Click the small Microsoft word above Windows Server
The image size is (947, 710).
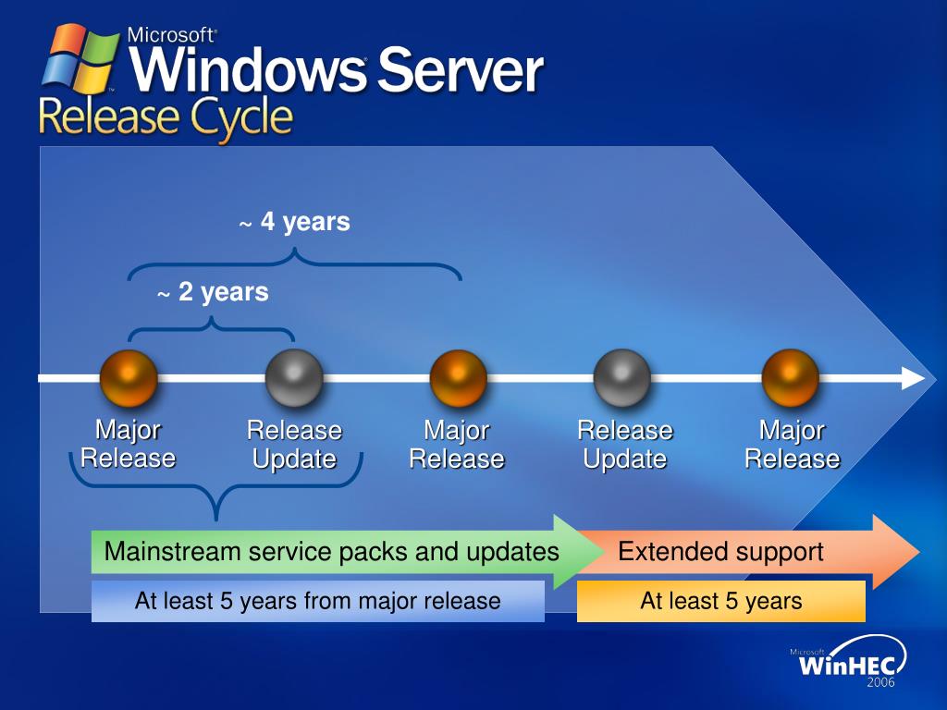pos(172,35)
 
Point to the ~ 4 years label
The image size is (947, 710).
pos(295,223)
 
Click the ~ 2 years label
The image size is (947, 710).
pos(213,293)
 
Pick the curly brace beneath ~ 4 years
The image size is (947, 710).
pos(294,264)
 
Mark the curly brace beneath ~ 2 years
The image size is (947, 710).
pos(211,328)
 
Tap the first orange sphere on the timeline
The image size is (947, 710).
pos(129,378)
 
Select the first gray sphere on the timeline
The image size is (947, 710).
pos(294,378)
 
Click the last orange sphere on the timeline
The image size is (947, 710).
pos(790,378)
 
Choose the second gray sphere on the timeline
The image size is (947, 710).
pos(622,378)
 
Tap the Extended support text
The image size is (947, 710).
pos(720,552)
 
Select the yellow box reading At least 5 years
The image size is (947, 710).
pos(720,601)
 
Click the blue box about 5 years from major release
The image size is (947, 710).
pos(317,601)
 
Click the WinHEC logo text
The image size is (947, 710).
pos(840,664)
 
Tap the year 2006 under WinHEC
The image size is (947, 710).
pos(880,683)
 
